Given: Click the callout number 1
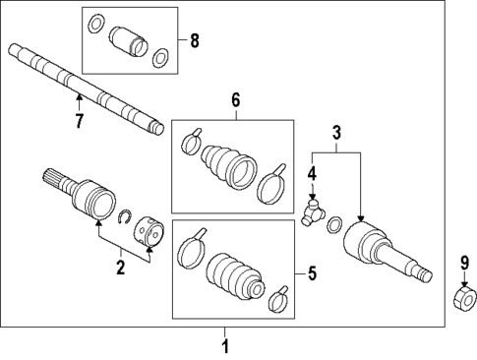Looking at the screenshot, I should pyautogui.click(x=224, y=346).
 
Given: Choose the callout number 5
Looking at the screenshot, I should pyautogui.click(x=312, y=274).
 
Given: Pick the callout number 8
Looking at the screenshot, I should pyautogui.click(x=193, y=41).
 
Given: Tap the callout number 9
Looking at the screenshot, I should pyautogui.click(x=464, y=262).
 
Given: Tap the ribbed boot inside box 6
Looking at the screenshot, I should pyautogui.click(x=228, y=165).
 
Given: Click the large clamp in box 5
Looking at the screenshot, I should pyautogui.click(x=192, y=250).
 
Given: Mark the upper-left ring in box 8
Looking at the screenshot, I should pyautogui.click(x=95, y=23).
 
